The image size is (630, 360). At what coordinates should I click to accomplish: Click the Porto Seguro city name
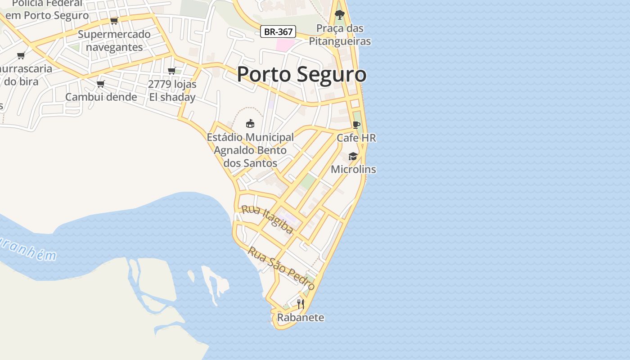coord(301,74)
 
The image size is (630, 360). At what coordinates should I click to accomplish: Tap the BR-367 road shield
coord(278,31)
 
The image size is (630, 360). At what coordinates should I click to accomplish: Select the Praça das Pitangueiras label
coord(340,35)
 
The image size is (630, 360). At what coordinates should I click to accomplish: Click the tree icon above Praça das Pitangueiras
coord(340,15)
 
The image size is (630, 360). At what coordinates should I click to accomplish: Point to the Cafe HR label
coord(356,138)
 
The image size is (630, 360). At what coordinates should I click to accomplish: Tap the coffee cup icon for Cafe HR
coord(356,125)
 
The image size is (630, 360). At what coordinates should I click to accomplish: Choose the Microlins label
coord(353,169)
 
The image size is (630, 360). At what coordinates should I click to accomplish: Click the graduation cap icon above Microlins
coord(353,156)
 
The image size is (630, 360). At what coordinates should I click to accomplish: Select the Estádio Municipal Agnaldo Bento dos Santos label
coord(250,150)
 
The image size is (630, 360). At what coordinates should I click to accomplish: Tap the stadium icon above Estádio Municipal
coord(250,123)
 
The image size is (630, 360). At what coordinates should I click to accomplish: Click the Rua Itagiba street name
coord(267,220)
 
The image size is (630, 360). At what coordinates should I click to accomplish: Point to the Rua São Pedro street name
coord(281,268)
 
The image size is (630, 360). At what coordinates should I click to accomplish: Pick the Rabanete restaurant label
coord(301,317)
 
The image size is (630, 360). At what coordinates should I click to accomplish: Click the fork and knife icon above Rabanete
coord(301,304)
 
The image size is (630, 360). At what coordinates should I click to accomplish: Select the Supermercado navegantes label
coord(114,40)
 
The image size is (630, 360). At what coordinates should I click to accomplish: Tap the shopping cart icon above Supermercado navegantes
coord(114,21)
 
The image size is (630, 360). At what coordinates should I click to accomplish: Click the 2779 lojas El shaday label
coord(172,90)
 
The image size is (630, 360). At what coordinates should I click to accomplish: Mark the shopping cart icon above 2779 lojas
coord(171,71)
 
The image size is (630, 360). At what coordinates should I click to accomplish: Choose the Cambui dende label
coord(101,97)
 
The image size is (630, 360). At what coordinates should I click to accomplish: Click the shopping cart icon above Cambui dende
coord(101,84)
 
